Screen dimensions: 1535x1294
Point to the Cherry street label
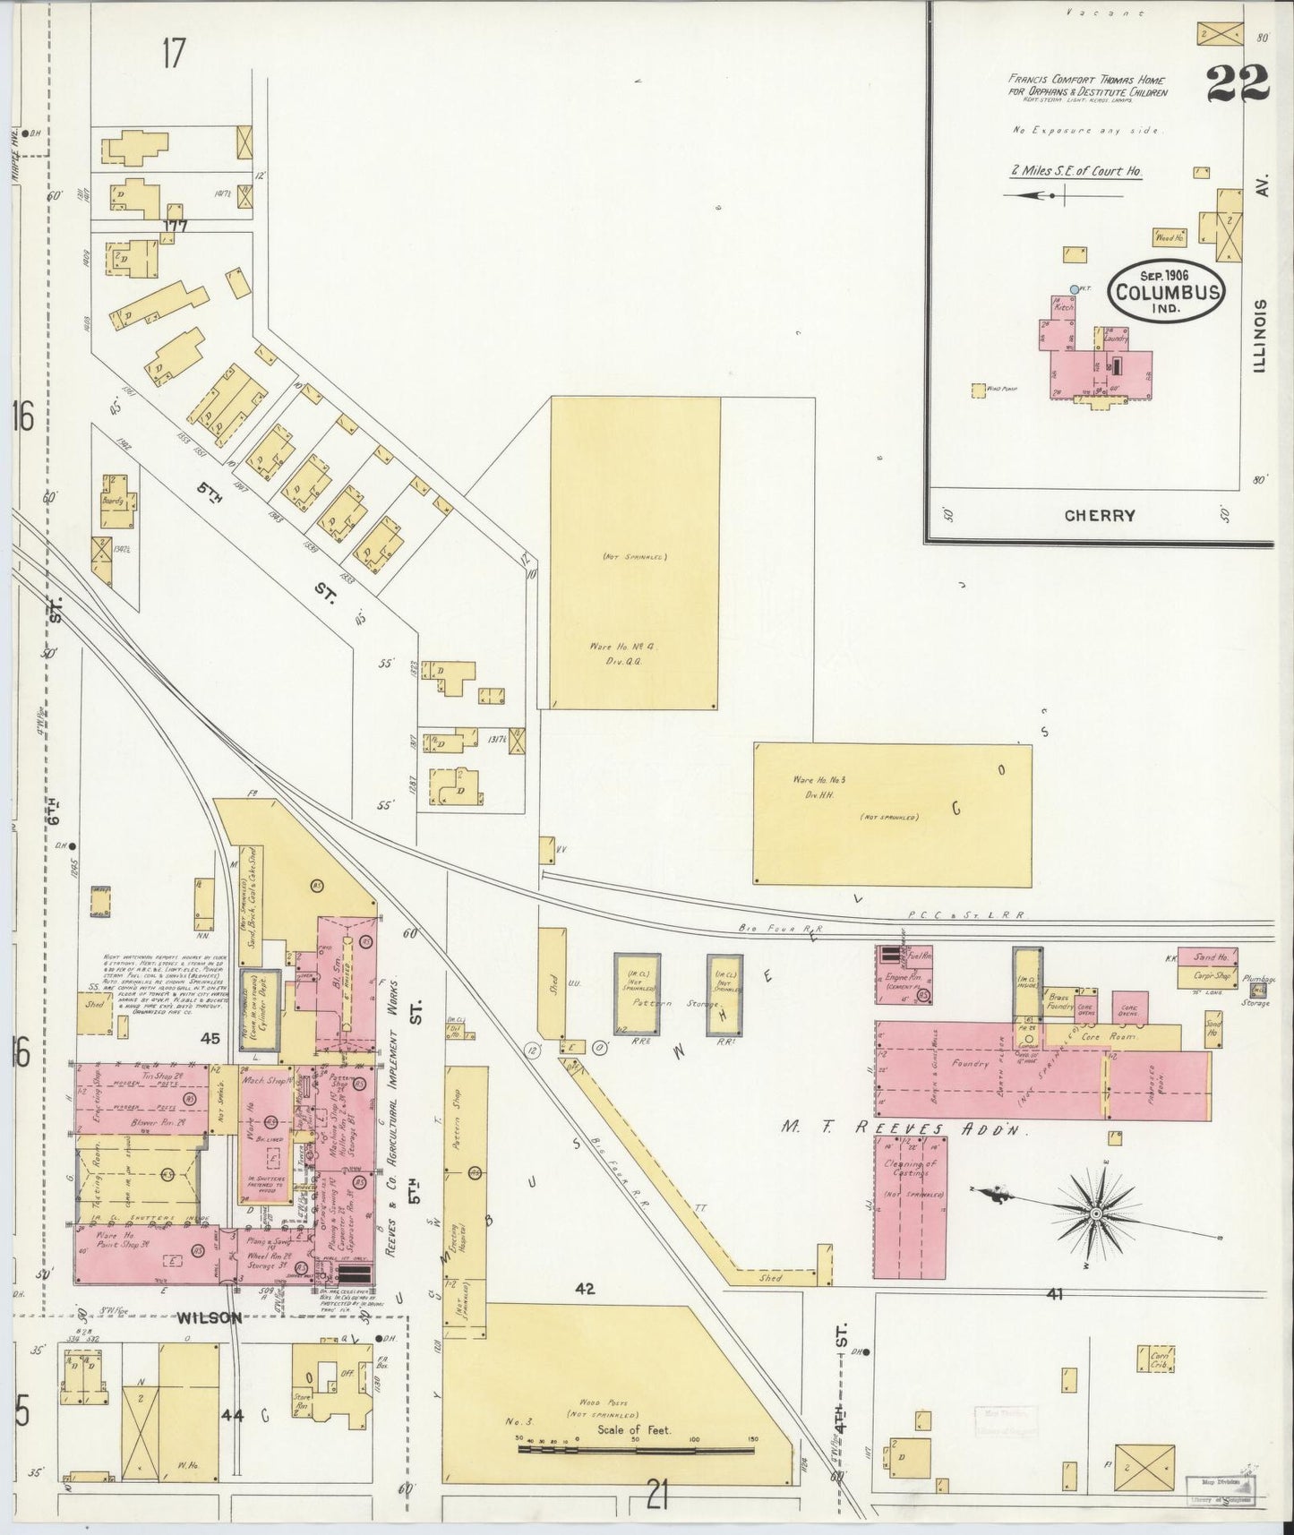(x=1100, y=515)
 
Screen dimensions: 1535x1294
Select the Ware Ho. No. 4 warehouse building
(x=634, y=553)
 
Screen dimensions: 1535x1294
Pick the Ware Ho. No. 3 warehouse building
(x=892, y=813)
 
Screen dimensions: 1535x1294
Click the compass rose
(x=1094, y=1213)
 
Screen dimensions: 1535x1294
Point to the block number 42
(x=585, y=1290)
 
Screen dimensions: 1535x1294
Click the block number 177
(x=175, y=226)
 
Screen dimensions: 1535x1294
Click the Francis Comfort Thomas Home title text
(x=1086, y=86)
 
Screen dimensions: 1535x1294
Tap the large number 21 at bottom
(x=657, y=1495)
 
